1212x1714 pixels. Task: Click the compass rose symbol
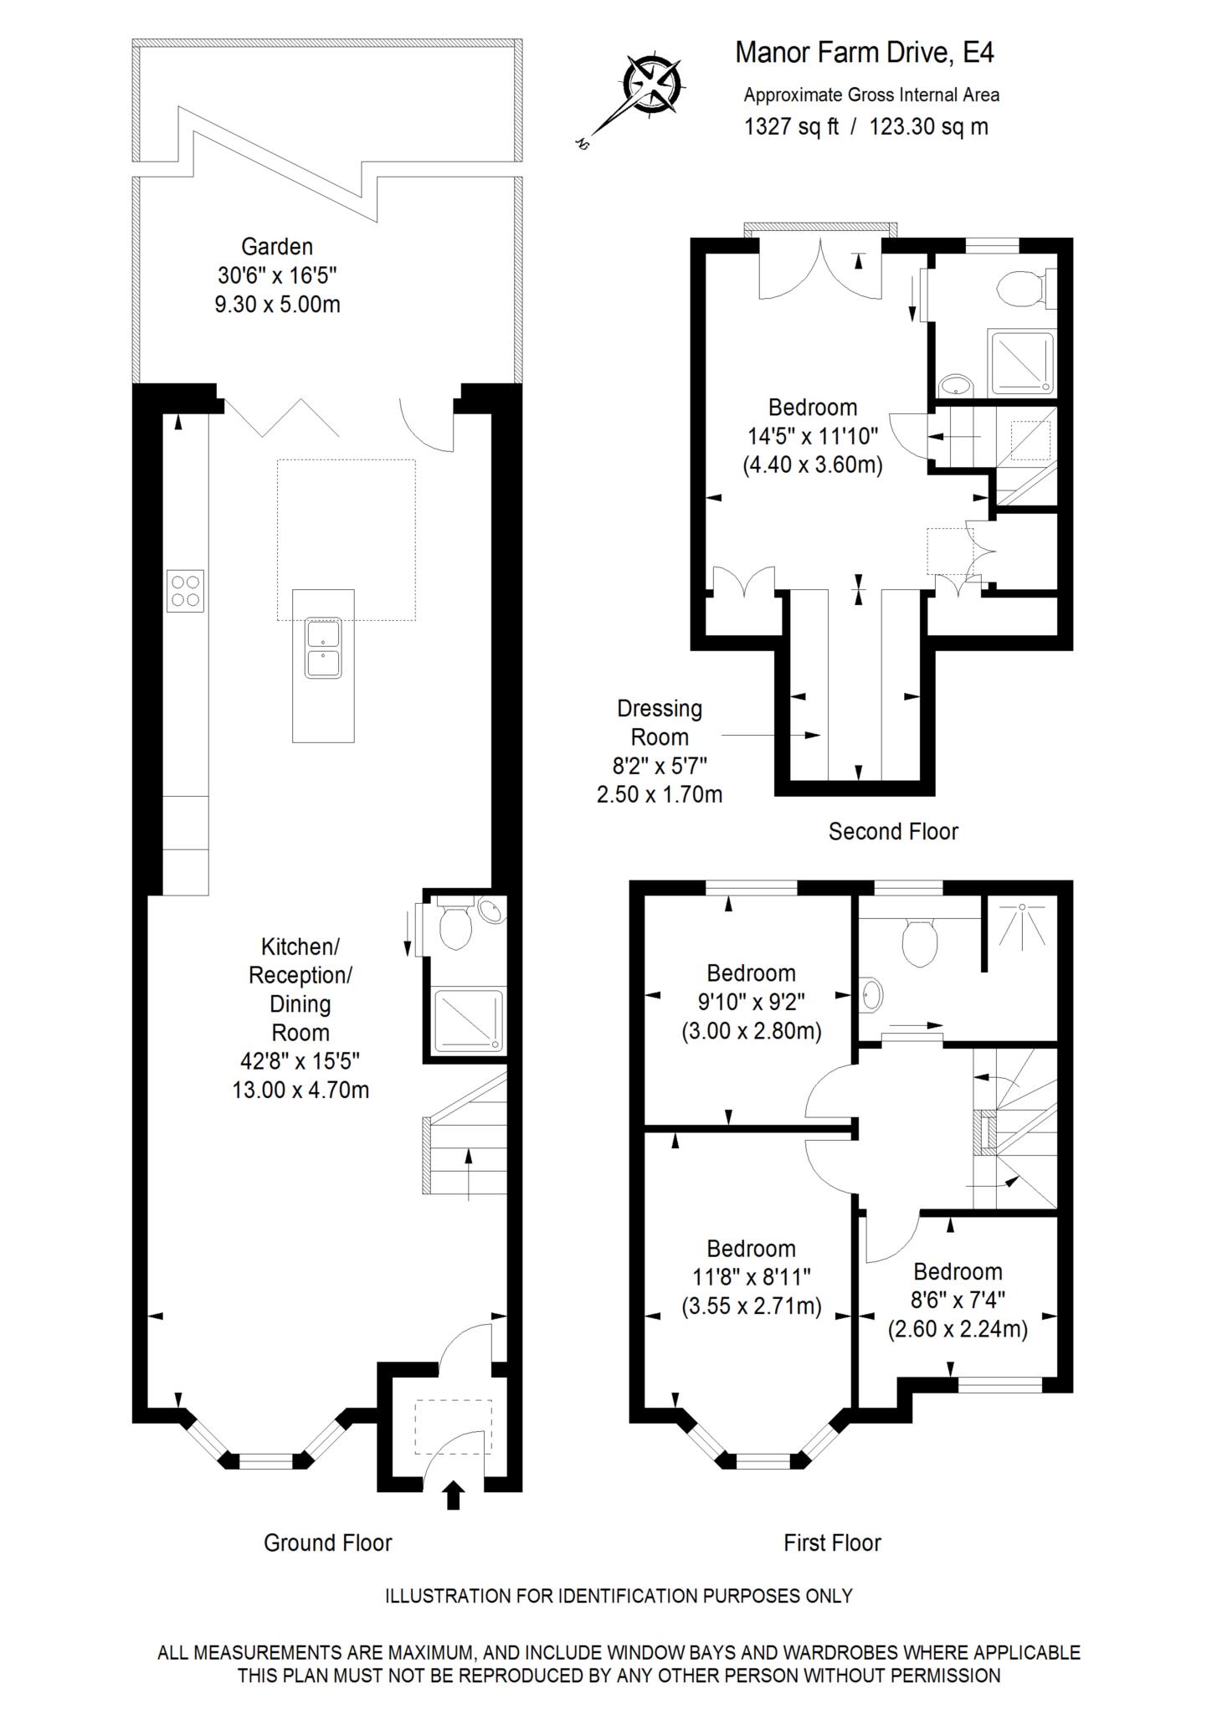[x=653, y=85]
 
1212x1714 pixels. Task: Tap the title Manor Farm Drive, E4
[x=865, y=53]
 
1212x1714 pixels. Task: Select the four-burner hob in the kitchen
[x=185, y=591]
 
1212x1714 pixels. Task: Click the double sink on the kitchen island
[x=323, y=648]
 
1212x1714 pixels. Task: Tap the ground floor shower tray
[x=470, y=1020]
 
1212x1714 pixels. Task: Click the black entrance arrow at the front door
[x=453, y=1495]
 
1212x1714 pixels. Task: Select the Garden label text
[x=277, y=247]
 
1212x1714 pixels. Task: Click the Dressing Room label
[x=660, y=723]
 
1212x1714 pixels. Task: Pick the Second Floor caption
[x=893, y=832]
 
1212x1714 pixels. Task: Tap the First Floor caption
[x=832, y=1543]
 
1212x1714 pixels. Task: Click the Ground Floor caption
[x=327, y=1543]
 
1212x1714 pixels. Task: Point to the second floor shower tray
[x=1021, y=362]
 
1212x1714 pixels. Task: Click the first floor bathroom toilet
[x=918, y=942]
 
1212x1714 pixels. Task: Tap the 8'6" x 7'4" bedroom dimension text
[x=958, y=1300]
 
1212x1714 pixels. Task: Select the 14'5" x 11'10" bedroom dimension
[x=813, y=436]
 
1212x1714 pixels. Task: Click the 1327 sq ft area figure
[x=791, y=127]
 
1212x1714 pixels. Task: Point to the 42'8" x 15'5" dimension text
[x=300, y=1061]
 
